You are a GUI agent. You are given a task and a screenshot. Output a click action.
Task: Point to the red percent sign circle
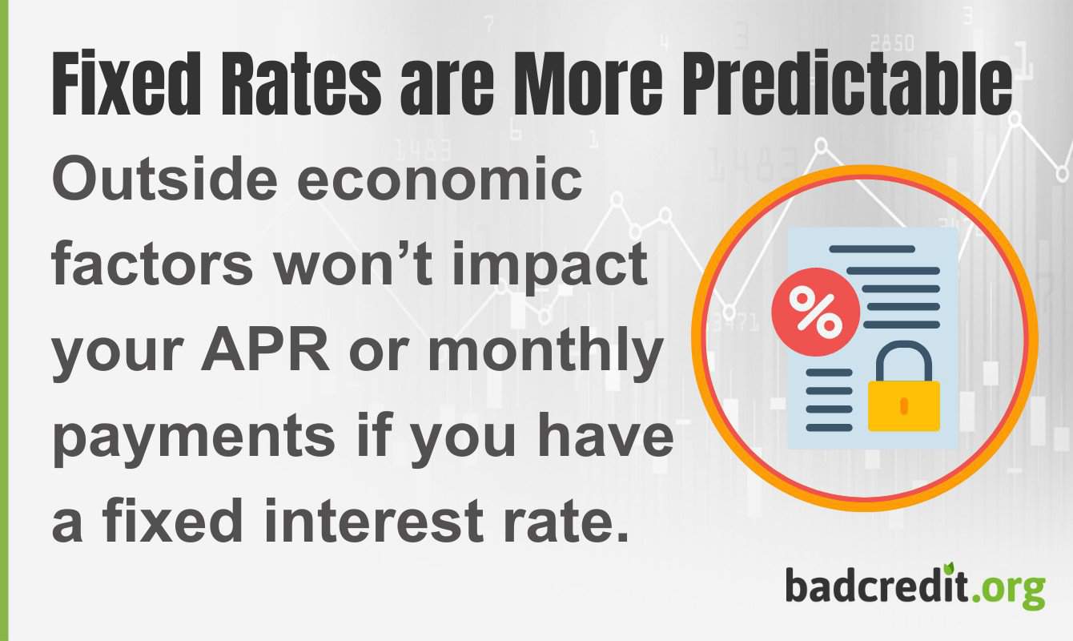click(815, 312)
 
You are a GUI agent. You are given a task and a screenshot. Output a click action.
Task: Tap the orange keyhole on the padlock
click(904, 405)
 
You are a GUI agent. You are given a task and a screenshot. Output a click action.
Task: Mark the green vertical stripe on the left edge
click(4, 320)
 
